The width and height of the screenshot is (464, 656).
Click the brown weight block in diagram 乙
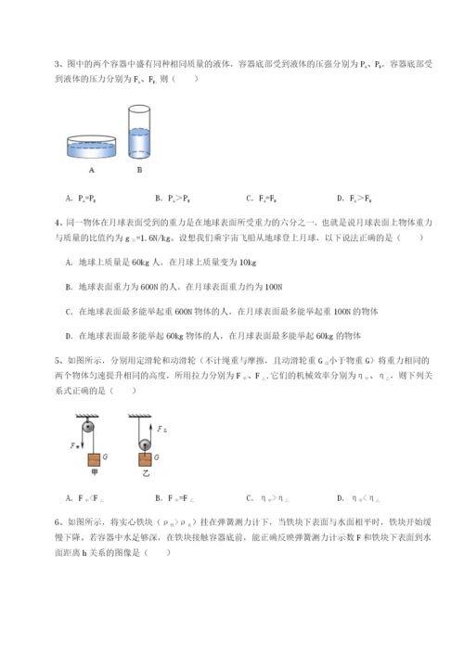click(145, 461)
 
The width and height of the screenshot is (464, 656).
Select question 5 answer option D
click(354, 498)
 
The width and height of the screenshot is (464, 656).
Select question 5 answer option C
click(262, 498)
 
